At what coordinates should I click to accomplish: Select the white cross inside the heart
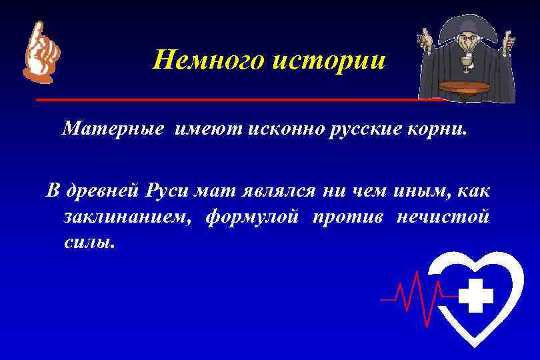pyautogui.click(x=476, y=296)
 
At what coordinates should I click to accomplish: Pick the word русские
pyautogui.click(x=363, y=129)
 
